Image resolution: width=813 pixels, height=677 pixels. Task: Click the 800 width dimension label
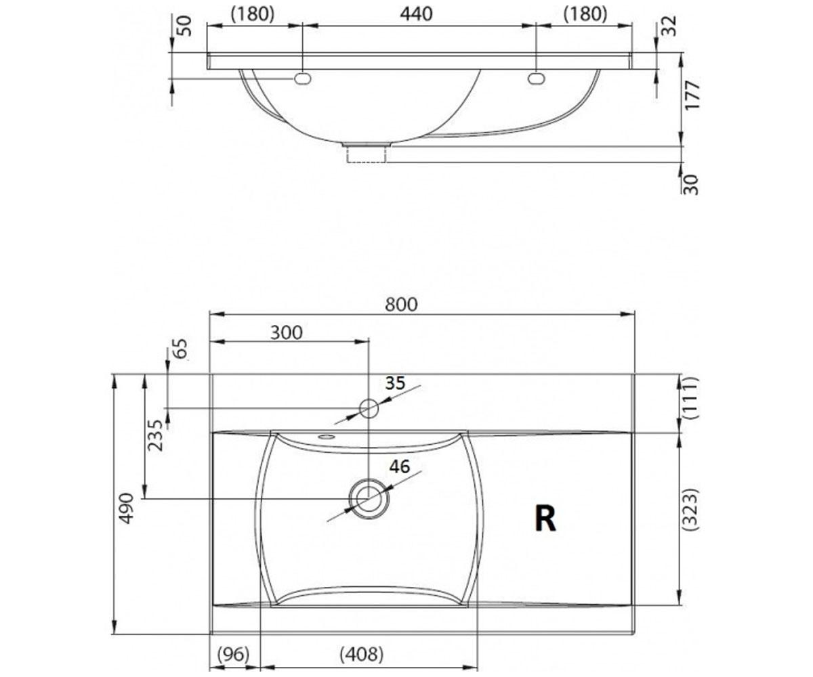(401, 304)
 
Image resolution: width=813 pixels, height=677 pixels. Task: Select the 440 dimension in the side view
(416, 14)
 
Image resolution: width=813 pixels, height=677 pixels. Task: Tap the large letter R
(545, 519)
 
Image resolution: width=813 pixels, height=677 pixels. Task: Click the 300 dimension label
(286, 332)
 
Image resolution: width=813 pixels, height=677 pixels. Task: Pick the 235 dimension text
(156, 435)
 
